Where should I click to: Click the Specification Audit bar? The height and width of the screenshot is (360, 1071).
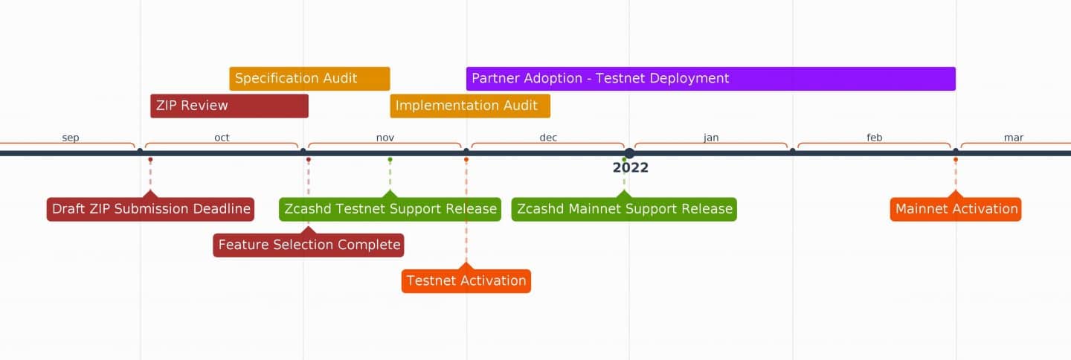tap(309, 79)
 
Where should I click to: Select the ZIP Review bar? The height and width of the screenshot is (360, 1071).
tap(229, 106)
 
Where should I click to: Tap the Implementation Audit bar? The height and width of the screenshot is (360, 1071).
tap(470, 106)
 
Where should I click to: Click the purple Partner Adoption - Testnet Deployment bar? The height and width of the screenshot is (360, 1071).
tap(710, 79)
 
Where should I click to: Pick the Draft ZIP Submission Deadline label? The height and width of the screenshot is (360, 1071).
tap(150, 209)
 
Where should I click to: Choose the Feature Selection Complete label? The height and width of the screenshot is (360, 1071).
tap(309, 245)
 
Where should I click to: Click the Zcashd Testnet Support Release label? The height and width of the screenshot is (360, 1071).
tap(390, 209)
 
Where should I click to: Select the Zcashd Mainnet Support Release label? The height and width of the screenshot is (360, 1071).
tap(624, 209)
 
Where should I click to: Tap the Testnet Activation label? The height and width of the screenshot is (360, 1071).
tap(466, 281)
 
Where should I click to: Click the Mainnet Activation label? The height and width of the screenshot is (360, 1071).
tap(956, 209)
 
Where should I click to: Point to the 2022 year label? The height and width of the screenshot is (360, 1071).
tap(630, 168)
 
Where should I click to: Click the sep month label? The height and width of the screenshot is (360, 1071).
tap(71, 138)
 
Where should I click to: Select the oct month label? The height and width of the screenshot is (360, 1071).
tap(222, 138)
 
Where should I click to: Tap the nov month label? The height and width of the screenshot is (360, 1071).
tap(385, 138)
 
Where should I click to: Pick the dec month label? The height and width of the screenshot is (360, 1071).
tap(548, 138)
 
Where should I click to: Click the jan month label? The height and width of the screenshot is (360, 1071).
tap(711, 138)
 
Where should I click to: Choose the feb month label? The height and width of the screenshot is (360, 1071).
tap(874, 138)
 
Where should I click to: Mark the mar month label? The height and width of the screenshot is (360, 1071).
tap(1013, 138)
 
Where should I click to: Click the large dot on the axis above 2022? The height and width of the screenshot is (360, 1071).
tap(629, 153)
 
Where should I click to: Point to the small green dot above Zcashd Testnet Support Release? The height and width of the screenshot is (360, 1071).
tap(390, 160)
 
